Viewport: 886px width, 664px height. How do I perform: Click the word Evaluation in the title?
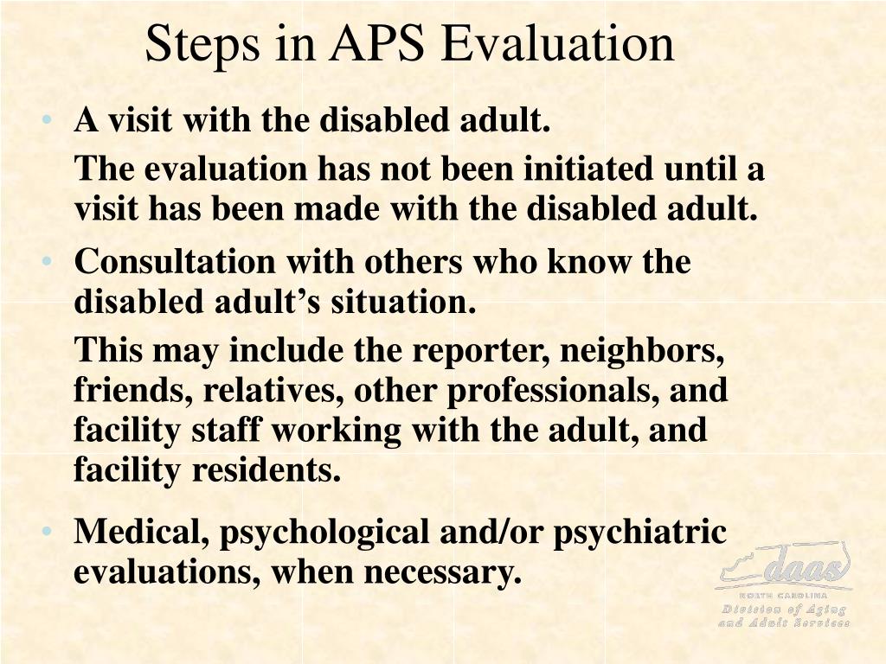557,44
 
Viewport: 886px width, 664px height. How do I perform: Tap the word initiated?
589,169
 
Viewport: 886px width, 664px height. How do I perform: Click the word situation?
404,303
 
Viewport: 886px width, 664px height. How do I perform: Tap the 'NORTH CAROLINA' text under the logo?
784,596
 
